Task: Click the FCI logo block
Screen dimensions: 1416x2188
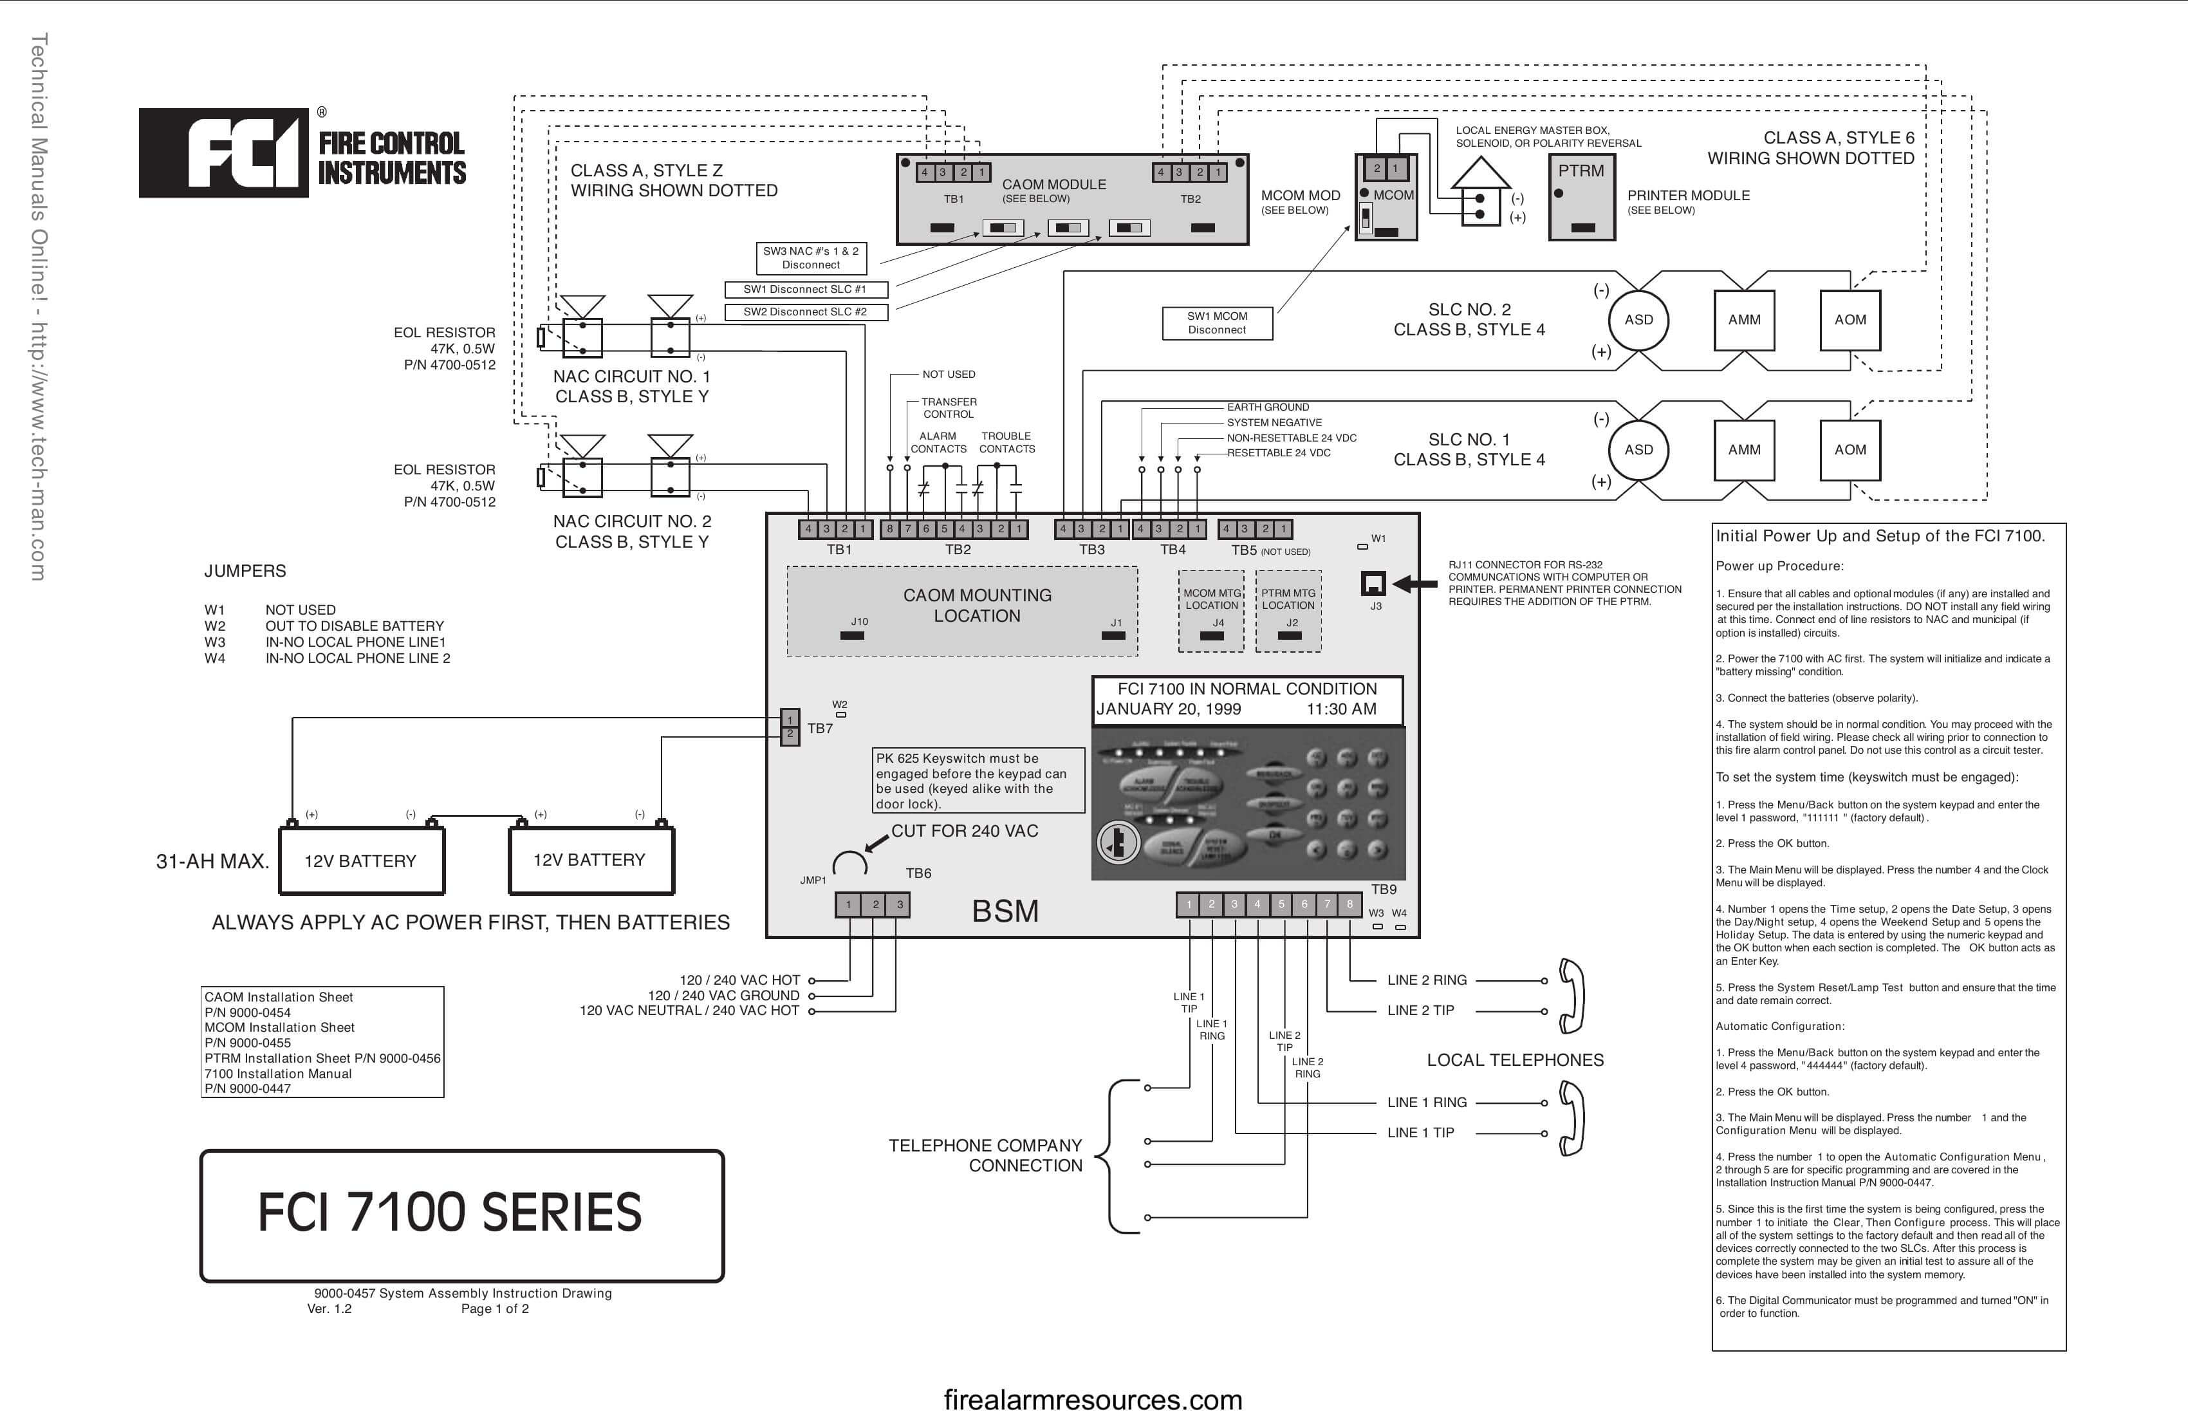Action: (x=223, y=153)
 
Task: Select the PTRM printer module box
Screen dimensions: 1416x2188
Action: (x=1581, y=197)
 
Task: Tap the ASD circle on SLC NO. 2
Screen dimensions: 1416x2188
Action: (x=1638, y=320)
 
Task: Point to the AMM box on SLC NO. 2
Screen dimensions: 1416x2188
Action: (x=1744, y=320)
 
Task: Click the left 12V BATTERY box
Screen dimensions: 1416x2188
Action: (x=361, y=861)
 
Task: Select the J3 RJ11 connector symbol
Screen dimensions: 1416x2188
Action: (x=1373, y=584)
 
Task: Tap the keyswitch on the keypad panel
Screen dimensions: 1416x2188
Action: (x=1118, y=841)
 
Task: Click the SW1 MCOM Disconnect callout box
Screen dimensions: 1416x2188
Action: (x=1217, y=322)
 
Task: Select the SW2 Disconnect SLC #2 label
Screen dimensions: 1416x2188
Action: (x=805, y=312)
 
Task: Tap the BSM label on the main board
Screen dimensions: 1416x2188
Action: (x=1005, y=911)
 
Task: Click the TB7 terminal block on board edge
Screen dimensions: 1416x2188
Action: (x=790, y=727)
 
